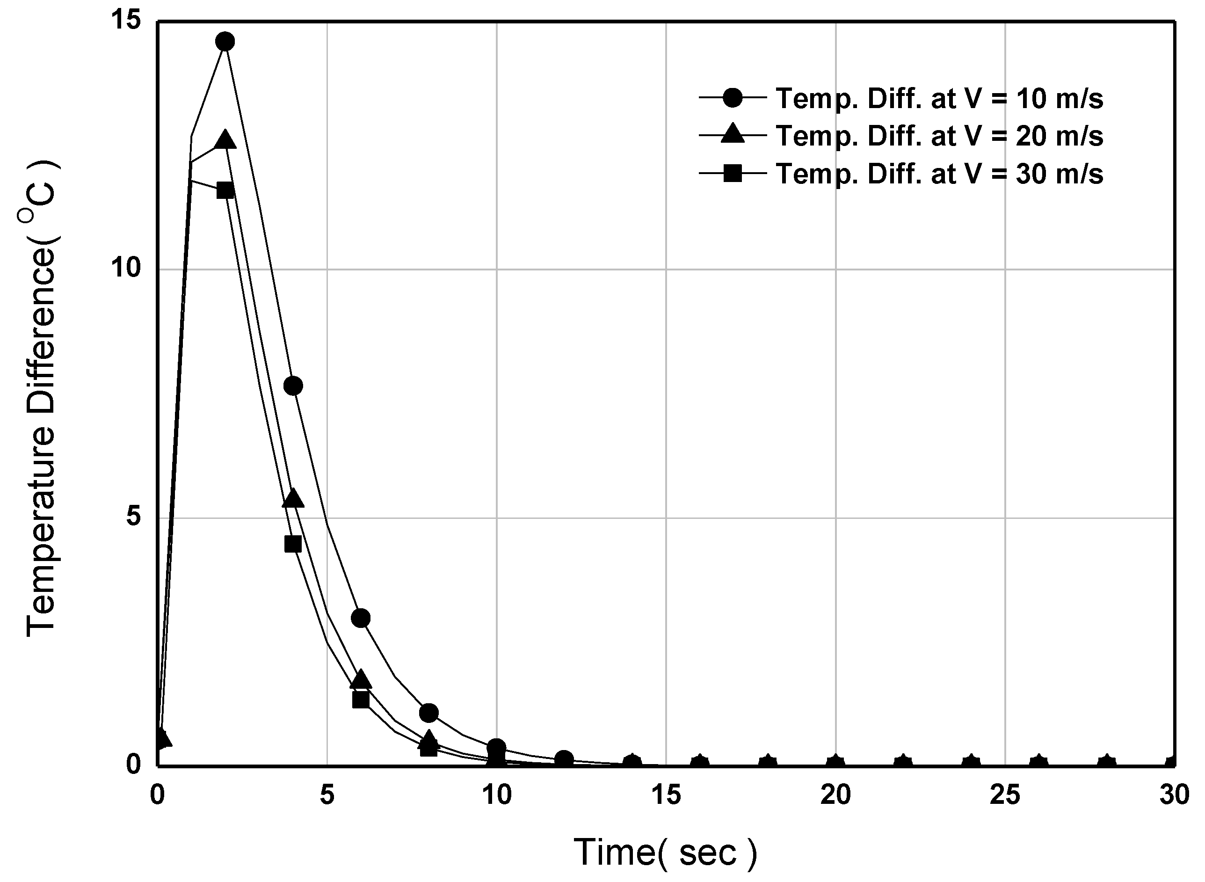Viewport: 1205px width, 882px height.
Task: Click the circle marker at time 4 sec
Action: [293, 386]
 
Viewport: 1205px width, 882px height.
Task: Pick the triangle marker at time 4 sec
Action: [293, 499]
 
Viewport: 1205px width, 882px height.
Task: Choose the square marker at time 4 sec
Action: [293, 544]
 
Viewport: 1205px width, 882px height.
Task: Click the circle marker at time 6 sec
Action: [361, 618]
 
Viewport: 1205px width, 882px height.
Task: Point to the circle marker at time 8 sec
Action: [428, 713]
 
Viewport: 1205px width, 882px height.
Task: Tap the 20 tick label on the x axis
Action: [836, 795]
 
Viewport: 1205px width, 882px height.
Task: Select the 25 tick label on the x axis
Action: [1005, 795]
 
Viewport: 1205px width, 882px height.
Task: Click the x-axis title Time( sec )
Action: [666, 852]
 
